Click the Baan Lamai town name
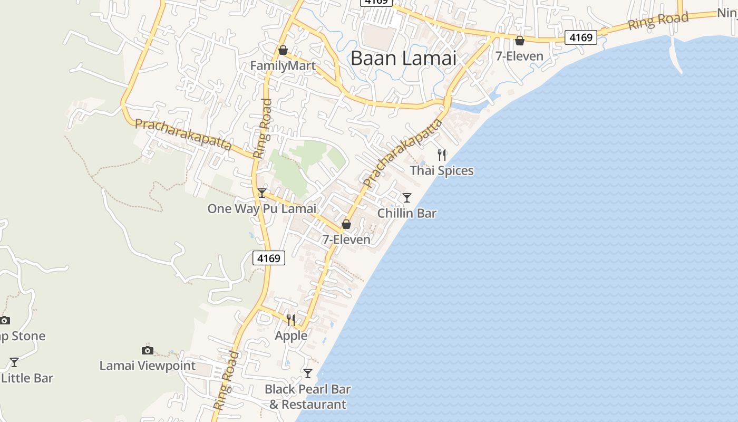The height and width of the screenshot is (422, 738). click(403, 58)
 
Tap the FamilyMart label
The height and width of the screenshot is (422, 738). click(283, 66)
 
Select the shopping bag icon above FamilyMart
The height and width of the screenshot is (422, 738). click(283, 50)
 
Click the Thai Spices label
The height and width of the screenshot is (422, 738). click(442, 170)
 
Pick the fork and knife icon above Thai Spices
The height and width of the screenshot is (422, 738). click(442, 155)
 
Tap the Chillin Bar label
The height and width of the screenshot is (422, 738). click(407, 213)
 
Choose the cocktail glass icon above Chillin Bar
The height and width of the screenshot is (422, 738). click(407, 198)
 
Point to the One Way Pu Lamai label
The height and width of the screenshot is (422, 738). click(261, 208)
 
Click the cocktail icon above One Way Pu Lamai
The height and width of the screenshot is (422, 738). click(261, 193)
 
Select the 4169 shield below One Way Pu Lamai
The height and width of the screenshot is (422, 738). click(269, 258)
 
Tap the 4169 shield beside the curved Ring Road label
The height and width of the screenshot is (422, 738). click(582, 37)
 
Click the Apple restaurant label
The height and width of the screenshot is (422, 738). click(291, 335)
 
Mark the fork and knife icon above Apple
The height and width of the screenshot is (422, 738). click(291, 320)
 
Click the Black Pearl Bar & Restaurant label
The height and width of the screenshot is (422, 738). click(308, 397)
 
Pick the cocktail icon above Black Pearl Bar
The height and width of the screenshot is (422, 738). click(308, 373)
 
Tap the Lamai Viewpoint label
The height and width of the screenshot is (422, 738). click(148, 366)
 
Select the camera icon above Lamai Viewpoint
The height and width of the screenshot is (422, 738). click(148, 350)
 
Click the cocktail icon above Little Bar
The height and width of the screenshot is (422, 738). click(14, 362)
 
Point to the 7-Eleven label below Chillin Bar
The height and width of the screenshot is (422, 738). click(346, 239)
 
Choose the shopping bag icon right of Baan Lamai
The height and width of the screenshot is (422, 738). click(520, 41)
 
